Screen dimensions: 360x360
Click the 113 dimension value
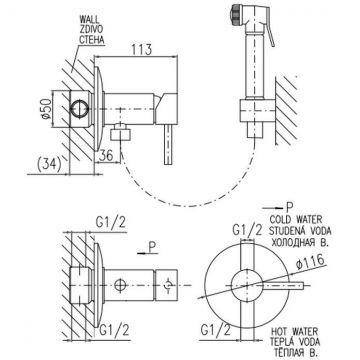pos(141,49)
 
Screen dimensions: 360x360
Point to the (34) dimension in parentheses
pos(48,164)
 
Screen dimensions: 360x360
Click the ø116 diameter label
pos(310,262)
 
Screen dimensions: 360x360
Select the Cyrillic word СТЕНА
pos(91,41)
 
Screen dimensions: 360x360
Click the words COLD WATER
pos(295,220)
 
